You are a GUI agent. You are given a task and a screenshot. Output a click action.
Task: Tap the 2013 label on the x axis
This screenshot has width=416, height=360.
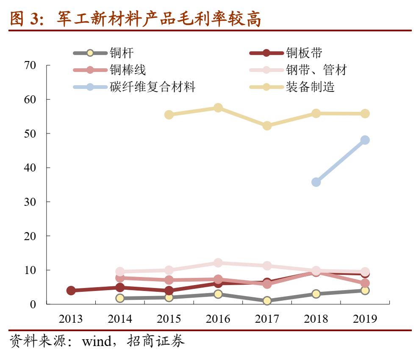tap(71, 319)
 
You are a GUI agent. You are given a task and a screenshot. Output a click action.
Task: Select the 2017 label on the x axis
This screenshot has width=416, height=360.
tap(267, 319)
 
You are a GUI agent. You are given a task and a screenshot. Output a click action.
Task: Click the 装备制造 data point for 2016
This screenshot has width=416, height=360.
tap(218, 108)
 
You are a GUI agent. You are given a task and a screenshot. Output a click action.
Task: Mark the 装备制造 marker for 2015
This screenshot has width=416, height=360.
tap(169, 115)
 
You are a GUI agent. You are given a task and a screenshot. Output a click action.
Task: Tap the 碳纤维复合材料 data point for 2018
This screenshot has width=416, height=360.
tap(316, 182)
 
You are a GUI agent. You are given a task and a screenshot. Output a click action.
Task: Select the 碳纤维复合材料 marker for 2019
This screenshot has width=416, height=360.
tap(365, 140)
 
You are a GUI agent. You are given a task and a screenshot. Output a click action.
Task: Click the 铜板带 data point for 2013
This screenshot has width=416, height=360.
tap(71, 291)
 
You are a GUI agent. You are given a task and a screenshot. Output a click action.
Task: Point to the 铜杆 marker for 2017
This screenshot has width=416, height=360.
tap(267, 301)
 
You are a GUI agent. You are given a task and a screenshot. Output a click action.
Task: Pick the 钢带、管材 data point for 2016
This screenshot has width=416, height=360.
tap(218, 263)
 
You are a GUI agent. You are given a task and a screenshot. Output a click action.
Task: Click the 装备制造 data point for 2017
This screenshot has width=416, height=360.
tap(267, 126)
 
